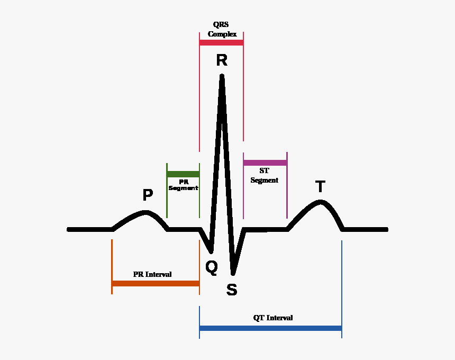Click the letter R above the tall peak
click(222, 60)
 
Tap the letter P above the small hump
click(148, 195)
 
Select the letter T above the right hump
click(320, 187)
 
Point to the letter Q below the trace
click(211, 268)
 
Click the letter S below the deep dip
click(232, 290)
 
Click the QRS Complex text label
click(222, 29)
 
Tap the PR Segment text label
click(183, 185)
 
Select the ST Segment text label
click(265, 176)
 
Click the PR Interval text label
click(152, 275)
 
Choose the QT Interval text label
click(273, 318)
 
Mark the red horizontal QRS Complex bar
click(221, 42)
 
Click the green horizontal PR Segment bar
click(183, 174)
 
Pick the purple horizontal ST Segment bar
click(265, 163)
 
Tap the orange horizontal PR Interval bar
click(156, 283)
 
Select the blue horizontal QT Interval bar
click(270, 328)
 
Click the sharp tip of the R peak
click(222, 76)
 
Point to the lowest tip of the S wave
click(233, 273)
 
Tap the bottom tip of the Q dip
click(211, 250)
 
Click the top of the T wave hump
click(320, 202)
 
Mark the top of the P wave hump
click(146, 213)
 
